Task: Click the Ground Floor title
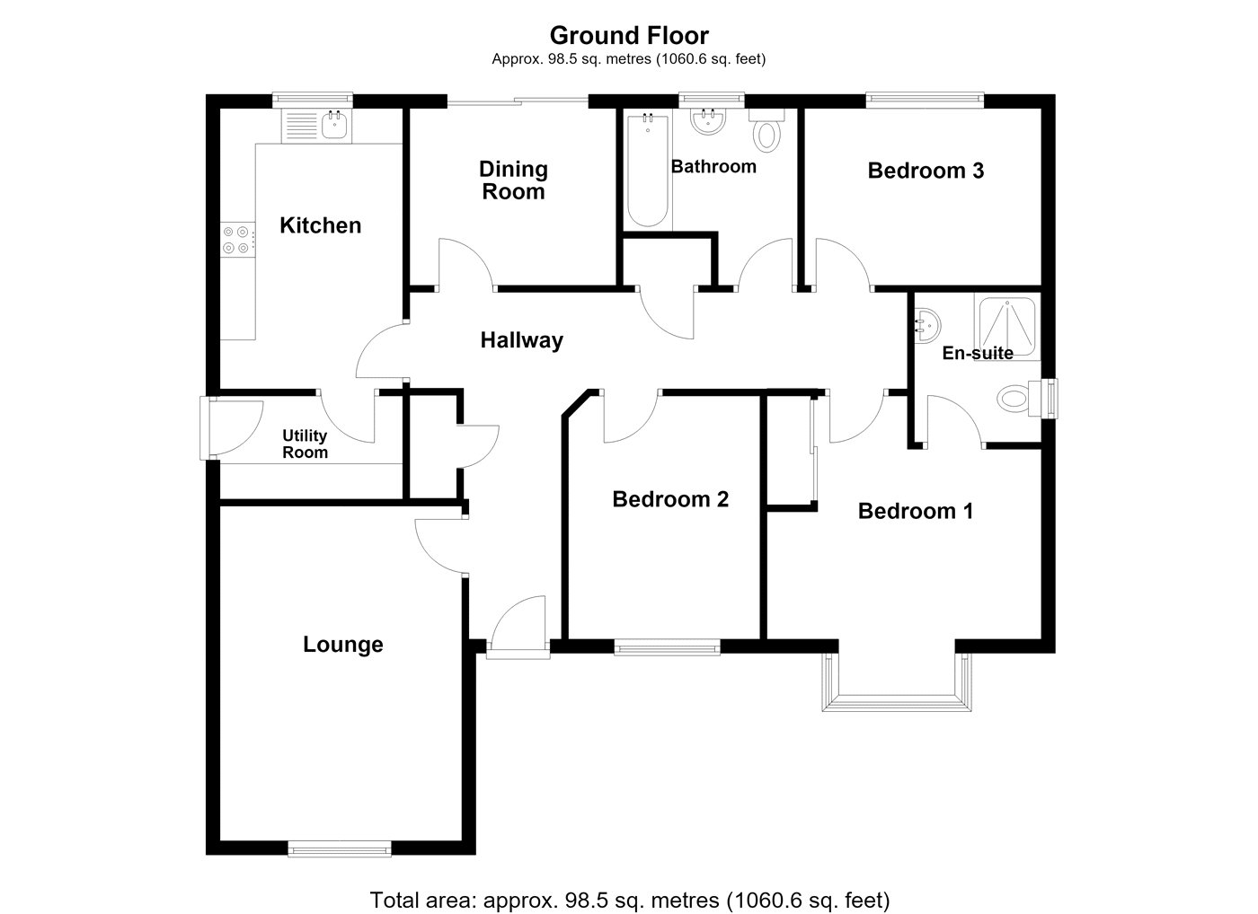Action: click(x=629, y=36)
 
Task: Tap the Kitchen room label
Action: click(x=320, y=225)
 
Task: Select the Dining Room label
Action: click(x=513, y=180)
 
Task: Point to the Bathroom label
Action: click(x=713, y=167)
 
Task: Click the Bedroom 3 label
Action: click(x=926, y=171)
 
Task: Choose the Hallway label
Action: click(x=522, y=340)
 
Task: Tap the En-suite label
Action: click(x=978, y=353)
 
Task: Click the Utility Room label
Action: click(x=305, y=444)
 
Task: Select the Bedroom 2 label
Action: click(x=670, y=499)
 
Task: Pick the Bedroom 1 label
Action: click(x=916, y=511)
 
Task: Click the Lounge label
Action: click(x=343, y=645)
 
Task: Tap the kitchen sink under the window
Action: click(x=316, y=126)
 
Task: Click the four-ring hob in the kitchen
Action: click(x=238, y=240)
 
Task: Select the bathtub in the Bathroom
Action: click(x=648, y=170)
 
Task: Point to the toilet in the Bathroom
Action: click(x=766, y=130)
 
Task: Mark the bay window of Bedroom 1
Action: click(x=897, y=681)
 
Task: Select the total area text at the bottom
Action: click(x=630, y=900)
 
